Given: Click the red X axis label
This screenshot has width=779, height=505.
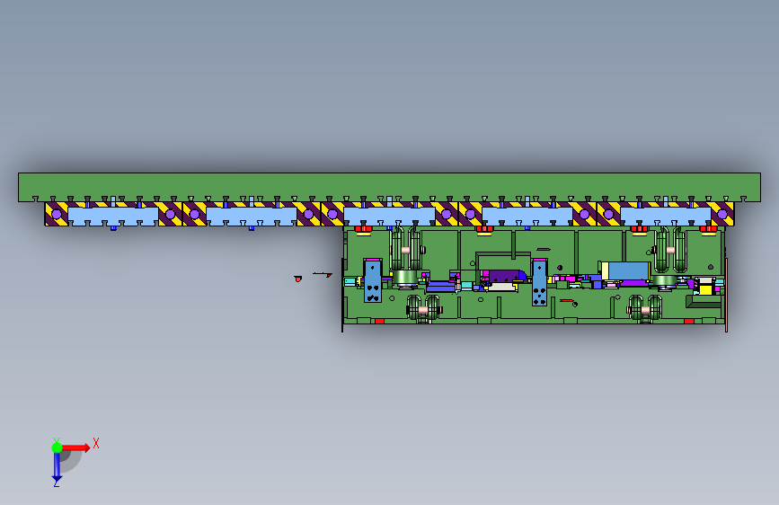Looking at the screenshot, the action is (96, 442).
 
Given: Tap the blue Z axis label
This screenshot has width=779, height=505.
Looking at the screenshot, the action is (56, 483).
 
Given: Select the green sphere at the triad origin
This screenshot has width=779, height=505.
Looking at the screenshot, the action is (57, 447).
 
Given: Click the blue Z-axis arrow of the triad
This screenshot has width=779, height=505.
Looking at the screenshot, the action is (57, 465).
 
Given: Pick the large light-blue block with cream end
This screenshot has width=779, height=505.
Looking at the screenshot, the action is (624, 270).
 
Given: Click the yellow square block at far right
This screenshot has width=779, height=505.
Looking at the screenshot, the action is (705, 289).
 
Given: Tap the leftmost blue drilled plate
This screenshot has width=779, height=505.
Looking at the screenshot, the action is (372, 281).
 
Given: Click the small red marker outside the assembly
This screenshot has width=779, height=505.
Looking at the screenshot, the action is (297, 279).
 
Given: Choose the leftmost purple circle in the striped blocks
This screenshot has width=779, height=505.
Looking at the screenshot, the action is (57, 215).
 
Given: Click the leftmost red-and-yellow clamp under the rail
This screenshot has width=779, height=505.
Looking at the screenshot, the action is (364, 230).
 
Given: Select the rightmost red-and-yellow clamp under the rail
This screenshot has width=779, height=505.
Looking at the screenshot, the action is (708, 230).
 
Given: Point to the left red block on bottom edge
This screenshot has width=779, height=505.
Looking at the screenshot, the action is (379, 321).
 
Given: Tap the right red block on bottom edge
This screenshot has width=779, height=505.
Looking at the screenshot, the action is (688, 321).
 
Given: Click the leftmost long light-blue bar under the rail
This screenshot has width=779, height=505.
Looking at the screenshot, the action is (112, 216).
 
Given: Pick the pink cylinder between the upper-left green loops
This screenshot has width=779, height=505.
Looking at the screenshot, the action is (405, 250).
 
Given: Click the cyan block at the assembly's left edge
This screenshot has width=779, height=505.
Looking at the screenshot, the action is (350, 281).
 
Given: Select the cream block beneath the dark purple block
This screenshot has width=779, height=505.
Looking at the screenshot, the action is (501, 287).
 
